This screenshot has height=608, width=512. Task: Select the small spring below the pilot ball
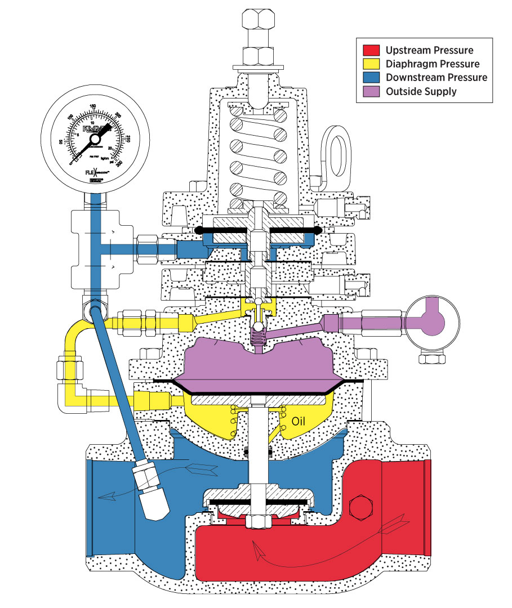point(257,339)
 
